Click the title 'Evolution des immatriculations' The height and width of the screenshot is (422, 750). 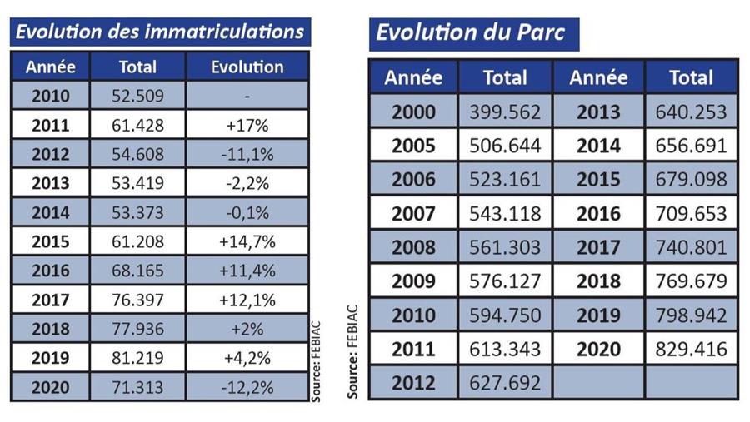[x=160, y=32]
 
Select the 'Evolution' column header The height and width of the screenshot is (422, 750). [x=247, y=67]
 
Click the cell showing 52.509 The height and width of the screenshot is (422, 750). [x=137, y=96]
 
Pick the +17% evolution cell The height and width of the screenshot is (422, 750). [x=247, y=125]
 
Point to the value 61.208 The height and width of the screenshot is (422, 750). [x=137, y=242]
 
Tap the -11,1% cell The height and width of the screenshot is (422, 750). [x=247, y=154]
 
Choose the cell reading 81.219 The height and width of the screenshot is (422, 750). [x=137, y=359]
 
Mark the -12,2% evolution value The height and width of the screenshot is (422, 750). [x=247, y=388]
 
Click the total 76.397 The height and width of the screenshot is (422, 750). [x=137, y=300]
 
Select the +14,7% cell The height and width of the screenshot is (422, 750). [x=247, y=242]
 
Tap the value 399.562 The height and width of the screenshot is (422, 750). [x=505, y=112]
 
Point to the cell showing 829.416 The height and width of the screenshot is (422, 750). [x=692, y=348]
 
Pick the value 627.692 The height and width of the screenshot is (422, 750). [x=505, y=382]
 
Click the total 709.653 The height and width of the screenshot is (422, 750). [x=692, y=213]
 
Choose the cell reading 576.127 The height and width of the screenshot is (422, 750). [x=505, y=281]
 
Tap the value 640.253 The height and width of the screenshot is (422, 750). [x=692, y=112]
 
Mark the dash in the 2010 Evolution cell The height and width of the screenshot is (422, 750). [x=247, y=97]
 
